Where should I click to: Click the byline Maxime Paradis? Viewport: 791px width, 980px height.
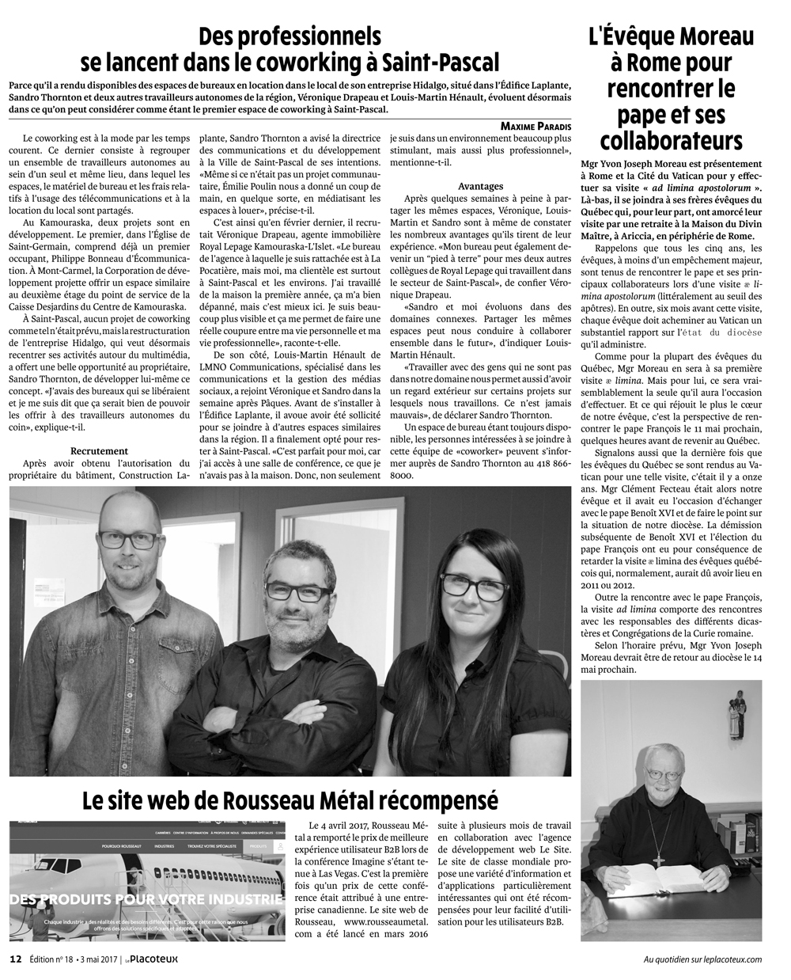[536, 126]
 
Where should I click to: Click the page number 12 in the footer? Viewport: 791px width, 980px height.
[15, 959]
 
